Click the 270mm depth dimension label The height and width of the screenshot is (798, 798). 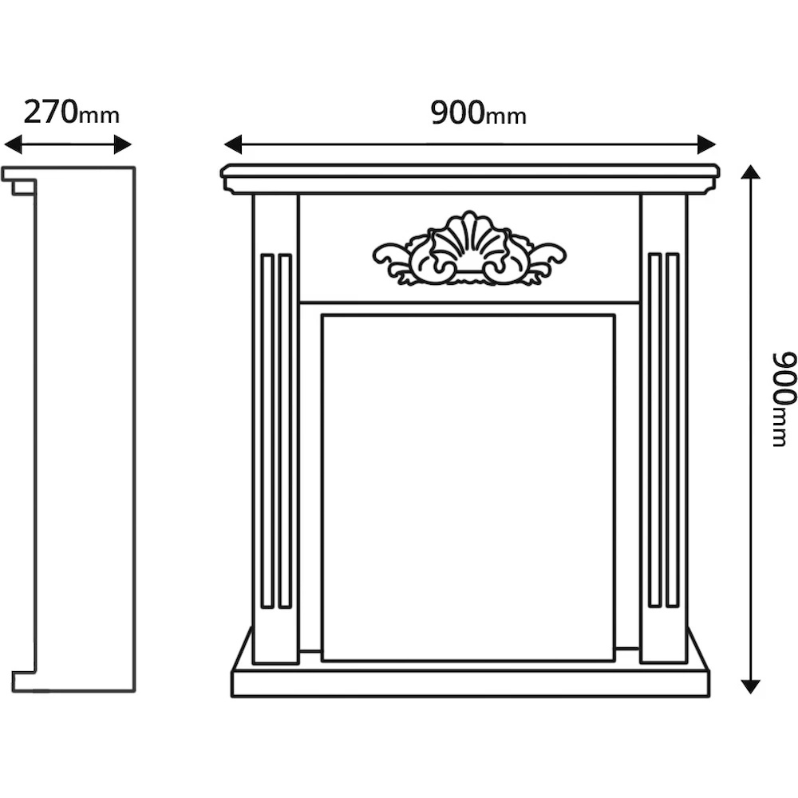click(71, 113)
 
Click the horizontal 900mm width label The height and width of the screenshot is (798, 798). click(478, 113)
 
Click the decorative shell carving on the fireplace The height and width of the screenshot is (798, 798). click(469, 250)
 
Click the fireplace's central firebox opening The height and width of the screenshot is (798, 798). click(468, 487)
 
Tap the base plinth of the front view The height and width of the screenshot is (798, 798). click(470, 682)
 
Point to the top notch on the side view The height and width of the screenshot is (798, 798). click(23, 188)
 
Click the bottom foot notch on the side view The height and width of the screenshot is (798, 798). click(24, 681)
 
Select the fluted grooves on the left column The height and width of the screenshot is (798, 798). click(276, 431)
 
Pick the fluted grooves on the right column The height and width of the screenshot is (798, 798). click(663, 431)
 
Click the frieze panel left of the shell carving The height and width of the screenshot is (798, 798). click(335, 249)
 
